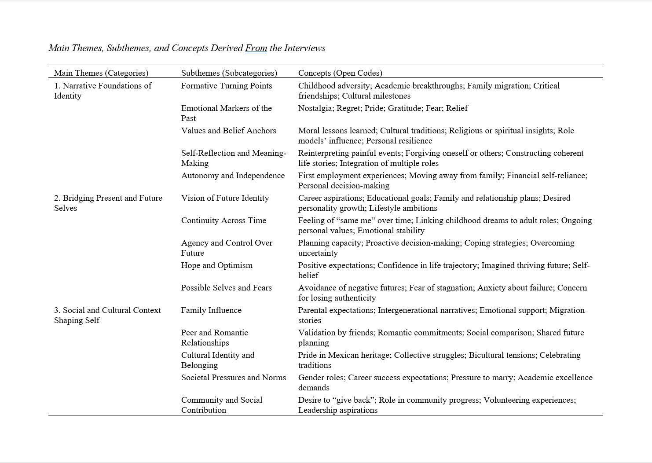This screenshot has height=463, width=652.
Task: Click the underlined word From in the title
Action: tap(256, 48)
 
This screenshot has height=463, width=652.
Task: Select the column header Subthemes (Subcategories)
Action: tap(229, 73)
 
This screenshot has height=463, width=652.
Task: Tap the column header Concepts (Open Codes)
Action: tap(340, 73)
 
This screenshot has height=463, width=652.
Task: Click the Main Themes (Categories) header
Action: tap(101, 73)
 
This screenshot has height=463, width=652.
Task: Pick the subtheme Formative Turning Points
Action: tap(227, 86)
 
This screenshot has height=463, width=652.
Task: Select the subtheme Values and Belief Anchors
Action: tap(229, 131)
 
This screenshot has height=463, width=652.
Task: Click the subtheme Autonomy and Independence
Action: tap(233, 176)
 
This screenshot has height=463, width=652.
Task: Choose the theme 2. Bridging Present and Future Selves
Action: tap(108, 203)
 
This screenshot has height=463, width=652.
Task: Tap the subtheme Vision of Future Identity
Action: tap(225, 198)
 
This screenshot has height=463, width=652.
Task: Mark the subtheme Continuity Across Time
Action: tap(223, 220)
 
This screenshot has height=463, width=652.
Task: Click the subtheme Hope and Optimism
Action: tap(217, 265)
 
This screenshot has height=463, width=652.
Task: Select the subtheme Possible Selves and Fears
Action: tap(227, 288)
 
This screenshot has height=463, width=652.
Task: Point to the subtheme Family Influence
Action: tap(211, 310)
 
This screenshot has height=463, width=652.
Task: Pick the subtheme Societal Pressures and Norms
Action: tap(234, 378)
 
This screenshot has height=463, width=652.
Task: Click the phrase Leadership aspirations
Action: tap(338, 410)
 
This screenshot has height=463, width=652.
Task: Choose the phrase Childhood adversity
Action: tap(334, 86)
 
